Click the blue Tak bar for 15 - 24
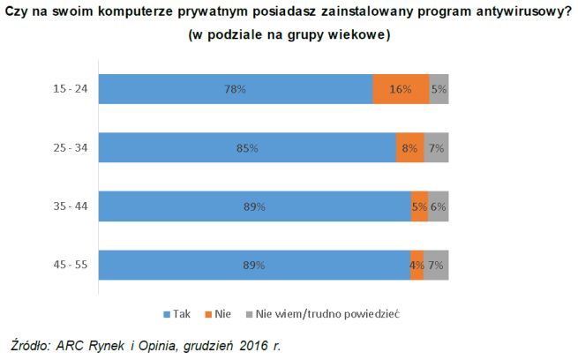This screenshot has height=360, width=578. coord(235,89)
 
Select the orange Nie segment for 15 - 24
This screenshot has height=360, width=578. coord(401,89)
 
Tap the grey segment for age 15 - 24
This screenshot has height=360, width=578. coord(439,89)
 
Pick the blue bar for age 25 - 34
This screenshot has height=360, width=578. coord(247,148)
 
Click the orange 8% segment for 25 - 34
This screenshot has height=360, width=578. coord(409,148)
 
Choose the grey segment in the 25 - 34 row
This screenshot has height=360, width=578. coord(436,148)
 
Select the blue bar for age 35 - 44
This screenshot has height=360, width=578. coord(254,206)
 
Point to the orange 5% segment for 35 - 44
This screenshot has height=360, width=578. coord(419,206)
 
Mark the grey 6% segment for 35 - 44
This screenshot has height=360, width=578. coord(438,206)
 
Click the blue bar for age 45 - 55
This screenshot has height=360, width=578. coord(254,265)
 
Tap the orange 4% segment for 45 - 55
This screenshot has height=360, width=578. coord(417,265)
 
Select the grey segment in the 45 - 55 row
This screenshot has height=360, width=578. coord(436,265)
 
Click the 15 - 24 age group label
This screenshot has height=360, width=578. coord(70,89)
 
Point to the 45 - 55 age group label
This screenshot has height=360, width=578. coord(70,265)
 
